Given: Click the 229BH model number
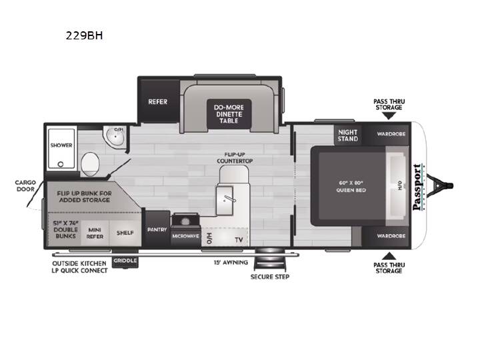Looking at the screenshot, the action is [x=84, y=36].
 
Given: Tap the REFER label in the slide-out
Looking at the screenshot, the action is [x=157, y=101].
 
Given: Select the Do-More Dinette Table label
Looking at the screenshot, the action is [x=229, y=114].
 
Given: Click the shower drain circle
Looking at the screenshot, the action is [x=61, y=165].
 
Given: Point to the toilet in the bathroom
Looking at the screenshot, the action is [x=90, y=164].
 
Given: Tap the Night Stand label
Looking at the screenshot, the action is [x=348, y=135].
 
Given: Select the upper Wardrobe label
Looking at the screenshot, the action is [x=391, y=134].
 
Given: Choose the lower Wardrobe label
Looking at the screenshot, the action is [x=391, y=236].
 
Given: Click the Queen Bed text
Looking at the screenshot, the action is [x=351, y=190].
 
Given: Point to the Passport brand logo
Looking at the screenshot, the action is [x=418, y=187].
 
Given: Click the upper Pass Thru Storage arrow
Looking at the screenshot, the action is [x=389, y=116].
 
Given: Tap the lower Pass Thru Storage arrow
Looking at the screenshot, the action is [x=389, y=256].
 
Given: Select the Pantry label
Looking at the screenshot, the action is [x=157, y=229].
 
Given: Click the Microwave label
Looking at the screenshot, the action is [x=185, y=236].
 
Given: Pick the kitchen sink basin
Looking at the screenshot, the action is [x=225, y=201].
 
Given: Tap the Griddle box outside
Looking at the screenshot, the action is [x=125, y=261].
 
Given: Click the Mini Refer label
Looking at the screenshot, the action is [x=95, y=233].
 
